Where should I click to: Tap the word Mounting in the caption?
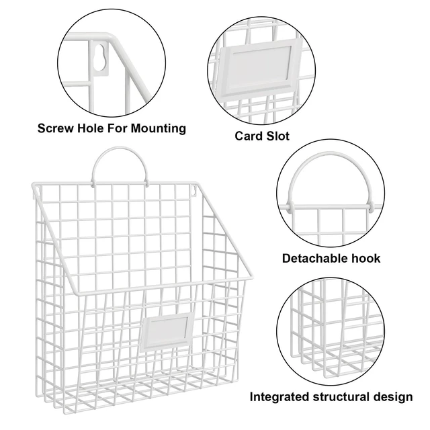pos(159,128)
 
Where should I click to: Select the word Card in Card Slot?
pos(247,136)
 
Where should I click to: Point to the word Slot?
pos(276,136)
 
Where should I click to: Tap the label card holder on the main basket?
pos(167,332)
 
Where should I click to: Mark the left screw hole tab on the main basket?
pos(39,191)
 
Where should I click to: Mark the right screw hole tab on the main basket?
pos(194,191)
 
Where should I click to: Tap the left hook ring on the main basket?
pos(93,183)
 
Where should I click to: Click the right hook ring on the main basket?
pos(146,183)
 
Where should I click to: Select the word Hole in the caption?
pos(90,128)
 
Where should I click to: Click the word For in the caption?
pos(117,128)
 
